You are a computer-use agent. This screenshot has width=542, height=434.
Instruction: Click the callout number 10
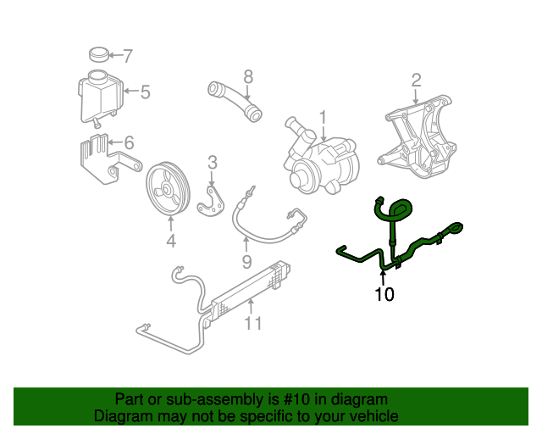384,295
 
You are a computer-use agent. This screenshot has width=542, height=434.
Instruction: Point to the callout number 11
253,323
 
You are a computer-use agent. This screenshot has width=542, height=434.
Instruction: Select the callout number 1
322,116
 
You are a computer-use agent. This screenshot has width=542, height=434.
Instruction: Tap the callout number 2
416,81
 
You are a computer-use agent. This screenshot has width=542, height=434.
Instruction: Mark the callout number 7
128,57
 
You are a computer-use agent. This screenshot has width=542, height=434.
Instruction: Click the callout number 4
170,242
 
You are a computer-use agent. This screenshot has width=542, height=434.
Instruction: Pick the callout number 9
246,262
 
